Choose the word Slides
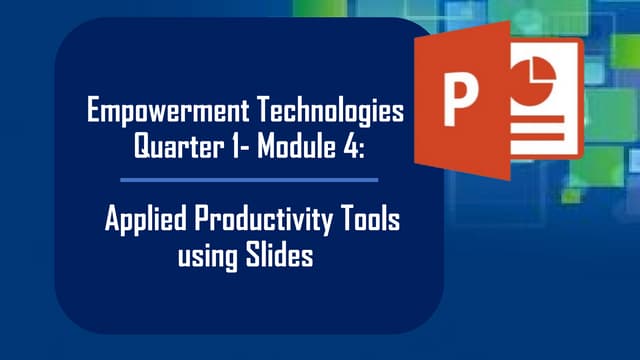tap(279, 254)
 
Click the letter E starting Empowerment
tap(95, 111)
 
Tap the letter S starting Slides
tap(254, 254)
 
